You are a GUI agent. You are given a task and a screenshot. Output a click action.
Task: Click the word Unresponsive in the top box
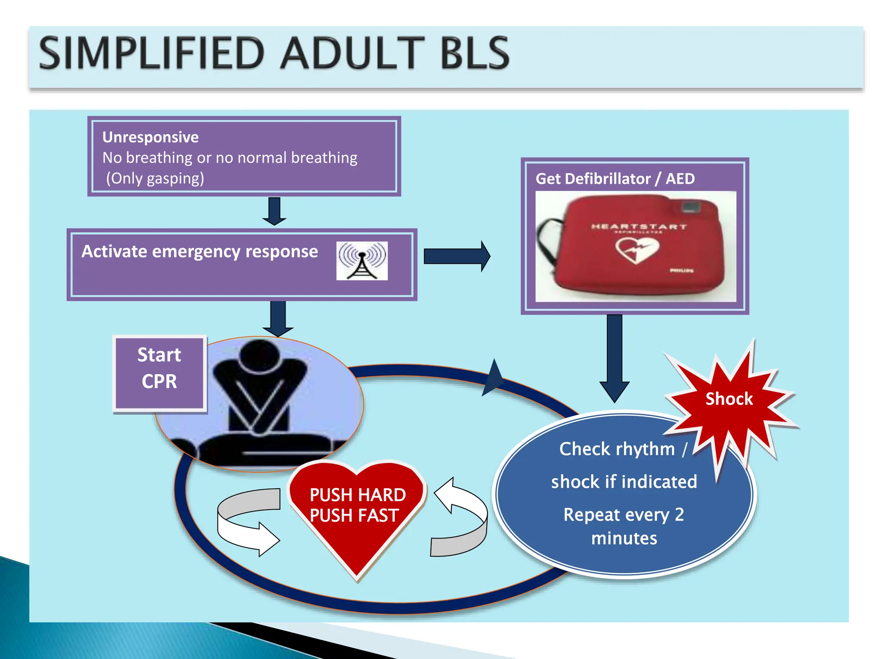point(150,137)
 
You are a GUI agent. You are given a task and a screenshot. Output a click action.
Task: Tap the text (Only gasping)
point(155,178)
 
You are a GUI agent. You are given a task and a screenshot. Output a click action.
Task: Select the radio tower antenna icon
point(362,261)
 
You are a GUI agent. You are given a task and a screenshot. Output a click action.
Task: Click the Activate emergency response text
point(200,251)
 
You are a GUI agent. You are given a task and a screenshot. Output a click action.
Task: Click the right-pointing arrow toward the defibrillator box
point(457,256)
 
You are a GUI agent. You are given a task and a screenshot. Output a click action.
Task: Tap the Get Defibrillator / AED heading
point(615,178)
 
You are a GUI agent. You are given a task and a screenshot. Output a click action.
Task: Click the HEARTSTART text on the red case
point(639,227)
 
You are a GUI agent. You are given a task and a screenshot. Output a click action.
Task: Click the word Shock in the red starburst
point(729,399)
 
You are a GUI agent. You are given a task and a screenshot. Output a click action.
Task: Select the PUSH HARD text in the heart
point(358,495)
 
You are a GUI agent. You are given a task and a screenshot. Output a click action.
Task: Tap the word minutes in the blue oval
point(624,538)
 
